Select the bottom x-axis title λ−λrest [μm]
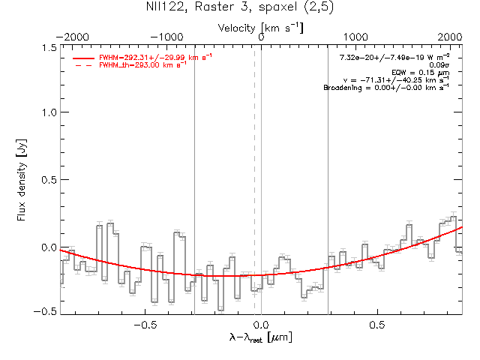pos(260,338)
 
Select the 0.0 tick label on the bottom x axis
pos(261,325)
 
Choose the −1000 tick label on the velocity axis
pos(167,36)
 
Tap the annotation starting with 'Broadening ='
pos(386,88)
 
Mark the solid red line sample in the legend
pos(83,58)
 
